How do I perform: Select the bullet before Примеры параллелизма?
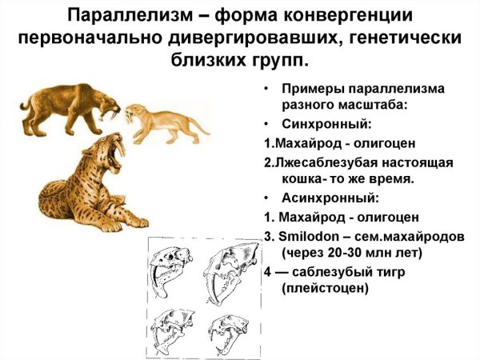click(x=266, y=89)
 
